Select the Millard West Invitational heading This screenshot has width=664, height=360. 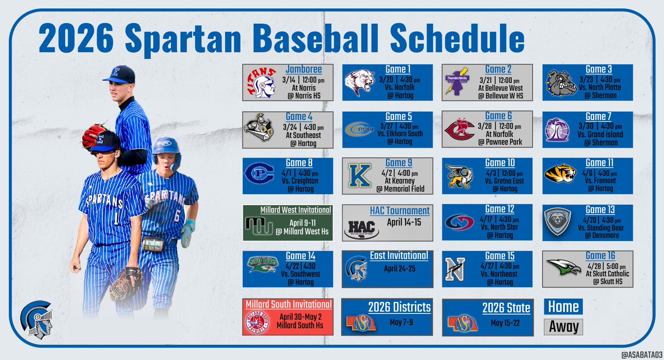click(296, 210)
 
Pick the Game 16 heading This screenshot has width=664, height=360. click(596, 255)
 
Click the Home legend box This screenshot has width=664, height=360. click(563, 307)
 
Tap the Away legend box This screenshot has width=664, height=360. click(563, 327)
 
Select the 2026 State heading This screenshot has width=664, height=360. click(506, 307)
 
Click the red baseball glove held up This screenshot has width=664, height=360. click(94, 136)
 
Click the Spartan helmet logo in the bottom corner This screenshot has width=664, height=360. click(37, 321)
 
